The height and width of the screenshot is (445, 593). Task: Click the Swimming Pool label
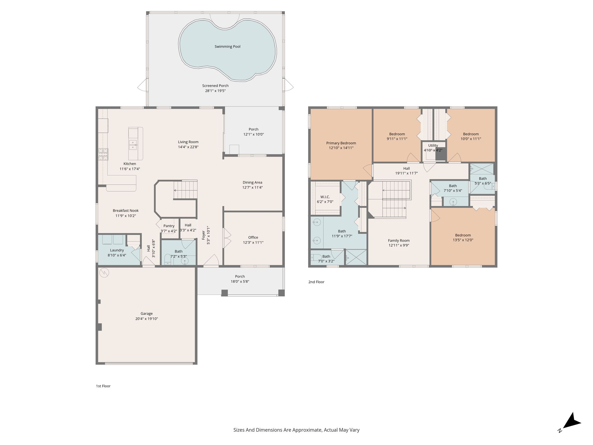227,46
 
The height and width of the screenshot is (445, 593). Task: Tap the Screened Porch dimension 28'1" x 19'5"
215,91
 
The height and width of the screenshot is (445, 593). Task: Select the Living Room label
188,142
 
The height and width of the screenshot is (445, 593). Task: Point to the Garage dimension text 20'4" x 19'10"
147,319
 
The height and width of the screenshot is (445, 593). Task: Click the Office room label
253,237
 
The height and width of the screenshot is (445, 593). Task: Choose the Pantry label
169,226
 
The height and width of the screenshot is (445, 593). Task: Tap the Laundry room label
117,250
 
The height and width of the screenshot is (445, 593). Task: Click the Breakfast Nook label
126,211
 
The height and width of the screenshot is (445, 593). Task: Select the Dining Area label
252,182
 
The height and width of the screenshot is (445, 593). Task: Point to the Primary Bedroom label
341,143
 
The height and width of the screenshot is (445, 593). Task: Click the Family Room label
399,240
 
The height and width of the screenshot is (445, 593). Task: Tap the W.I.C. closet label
325,197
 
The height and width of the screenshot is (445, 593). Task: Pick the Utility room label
433,145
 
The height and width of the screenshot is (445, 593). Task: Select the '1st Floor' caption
103,386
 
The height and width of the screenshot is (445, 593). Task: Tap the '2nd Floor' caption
316,282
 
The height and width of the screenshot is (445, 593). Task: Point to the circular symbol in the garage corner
104,273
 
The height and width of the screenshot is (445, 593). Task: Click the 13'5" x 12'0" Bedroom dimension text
463,240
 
